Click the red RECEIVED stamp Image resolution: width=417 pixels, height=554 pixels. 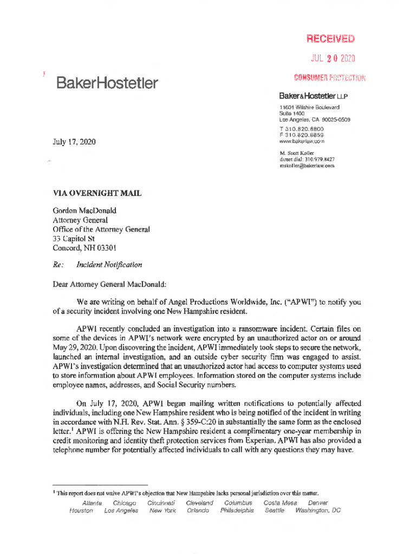[x=330, y=39]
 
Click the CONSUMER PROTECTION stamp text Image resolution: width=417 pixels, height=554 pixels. [x=330, y=76]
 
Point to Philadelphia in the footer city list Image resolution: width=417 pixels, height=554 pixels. [x=237, y=511]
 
